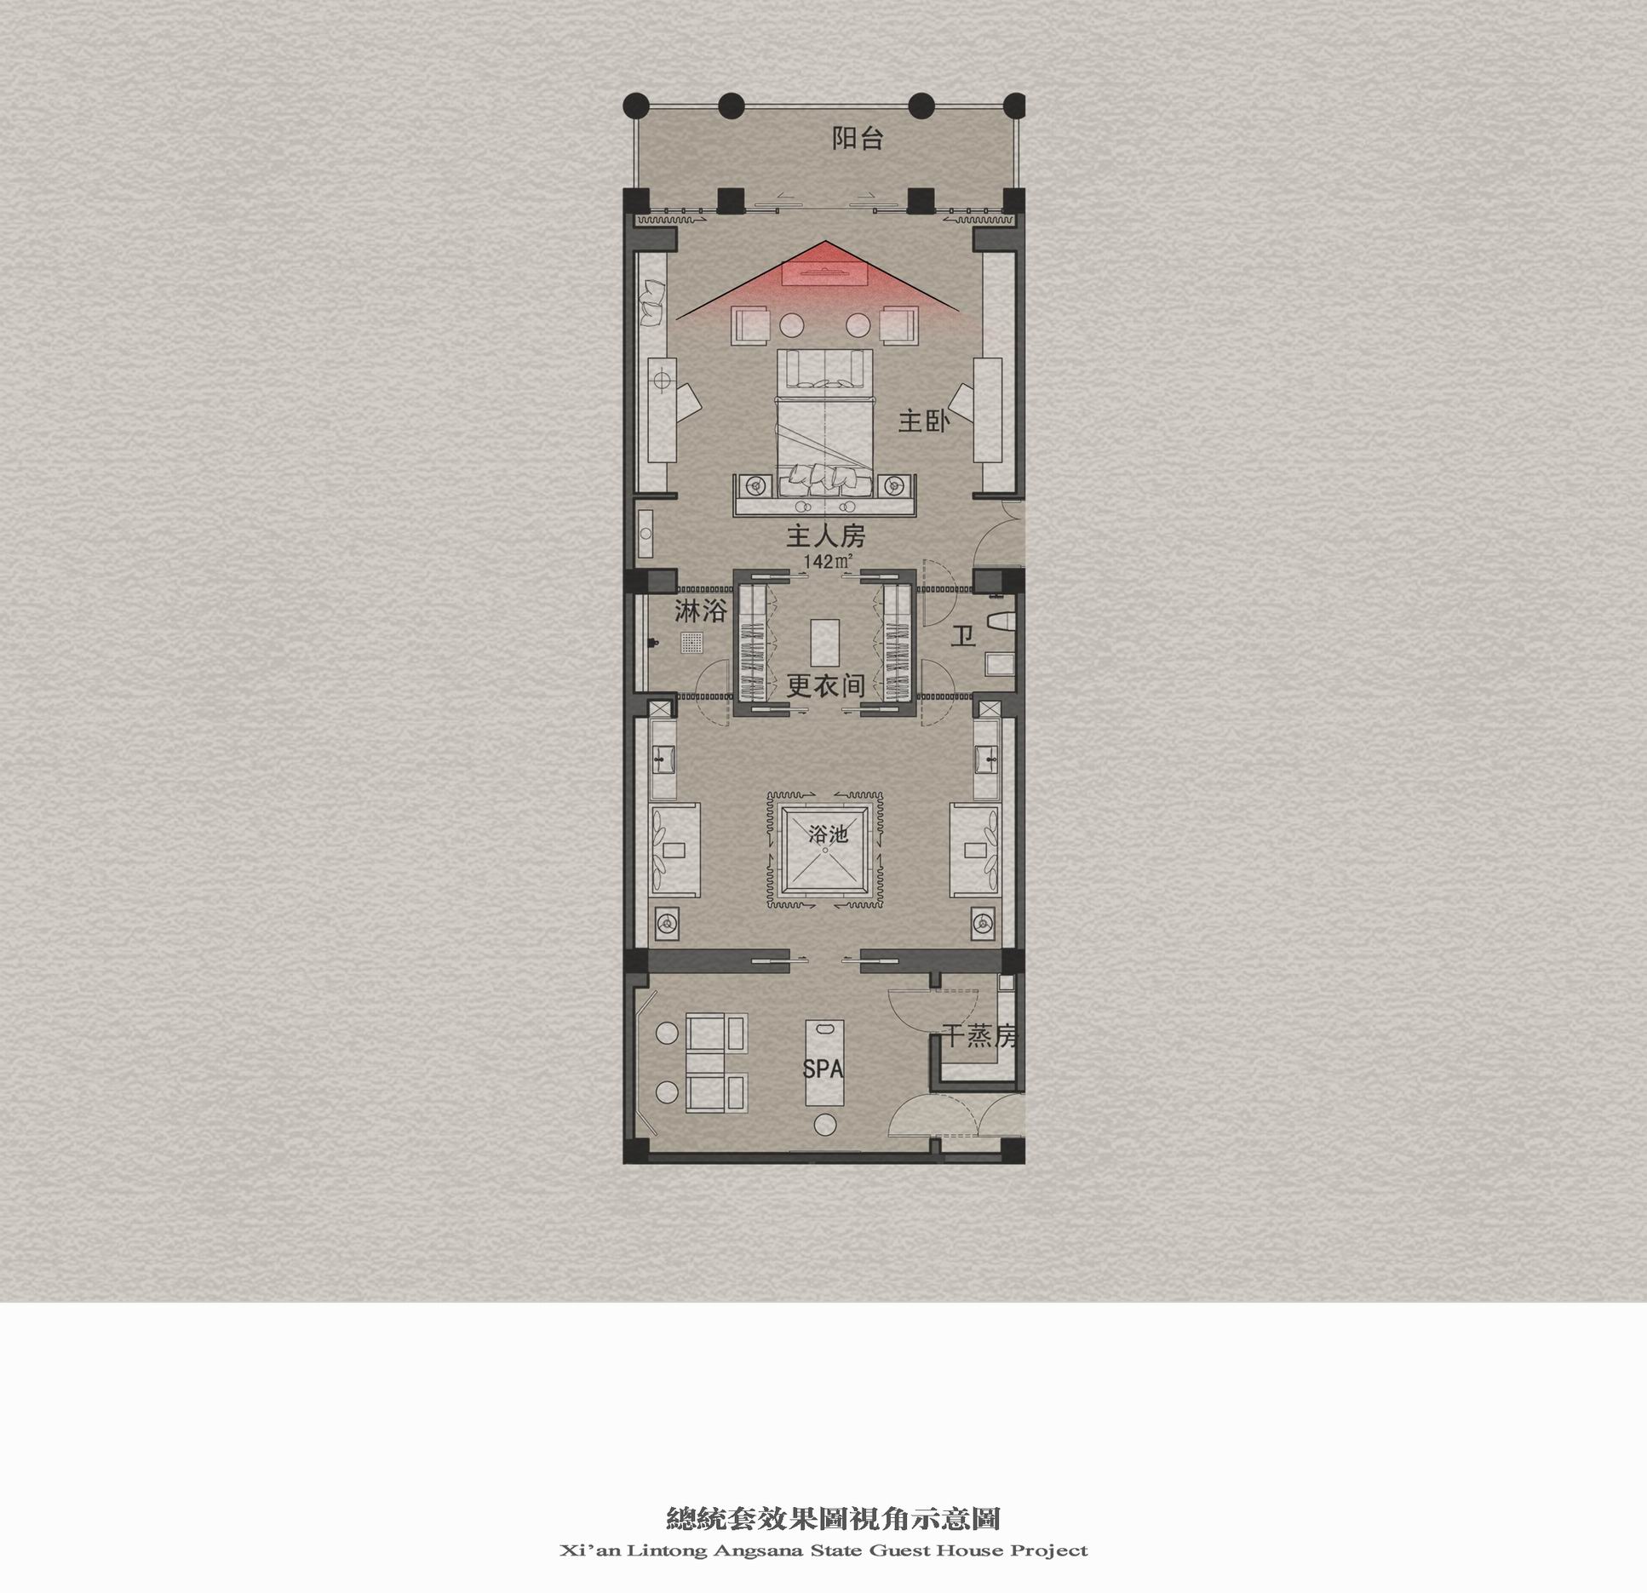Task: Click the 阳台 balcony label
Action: coord(858,139)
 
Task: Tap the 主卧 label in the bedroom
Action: coord(924,421)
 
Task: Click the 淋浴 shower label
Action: coord(701,611)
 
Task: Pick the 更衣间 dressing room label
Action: coord(825,685)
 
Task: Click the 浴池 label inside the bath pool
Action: coord(828,834)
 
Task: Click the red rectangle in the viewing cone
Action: coord(824,272)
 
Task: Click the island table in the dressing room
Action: coord(824,642)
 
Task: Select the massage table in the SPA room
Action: coord(823,1062)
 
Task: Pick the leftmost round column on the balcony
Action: coord(636,106)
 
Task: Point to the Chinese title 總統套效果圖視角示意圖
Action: coord(832,1519)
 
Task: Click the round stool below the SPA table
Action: coord(823,1124)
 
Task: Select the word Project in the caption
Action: coord(1048,1550)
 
